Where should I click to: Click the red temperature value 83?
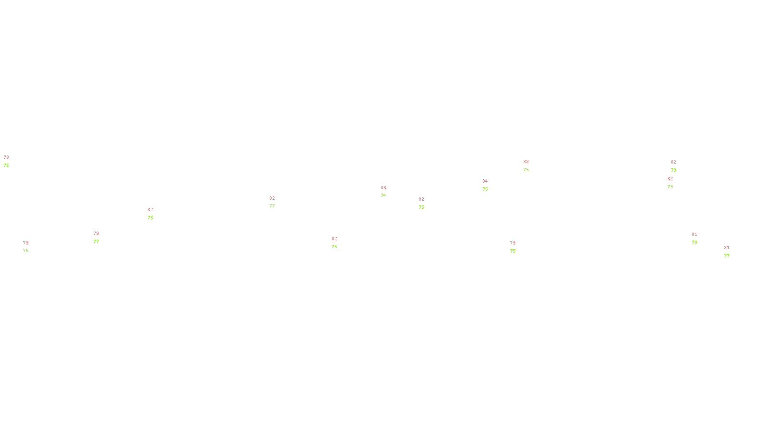383,188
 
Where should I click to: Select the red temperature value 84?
485,181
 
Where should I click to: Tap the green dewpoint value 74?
383,195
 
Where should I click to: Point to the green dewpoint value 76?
485,189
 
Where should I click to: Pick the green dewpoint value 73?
694,243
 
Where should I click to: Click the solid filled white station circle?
277,203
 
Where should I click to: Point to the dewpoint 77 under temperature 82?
272,206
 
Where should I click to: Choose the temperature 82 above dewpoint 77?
272,198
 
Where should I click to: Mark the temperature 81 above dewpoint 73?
694,234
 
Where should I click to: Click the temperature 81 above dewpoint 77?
726,248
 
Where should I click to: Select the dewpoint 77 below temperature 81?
726,256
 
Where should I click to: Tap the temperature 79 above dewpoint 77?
96,233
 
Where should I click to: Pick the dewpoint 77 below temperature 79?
96,242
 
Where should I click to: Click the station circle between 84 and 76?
490,185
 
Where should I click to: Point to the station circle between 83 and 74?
388,192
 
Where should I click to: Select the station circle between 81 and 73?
699,238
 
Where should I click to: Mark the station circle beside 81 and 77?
732,252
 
